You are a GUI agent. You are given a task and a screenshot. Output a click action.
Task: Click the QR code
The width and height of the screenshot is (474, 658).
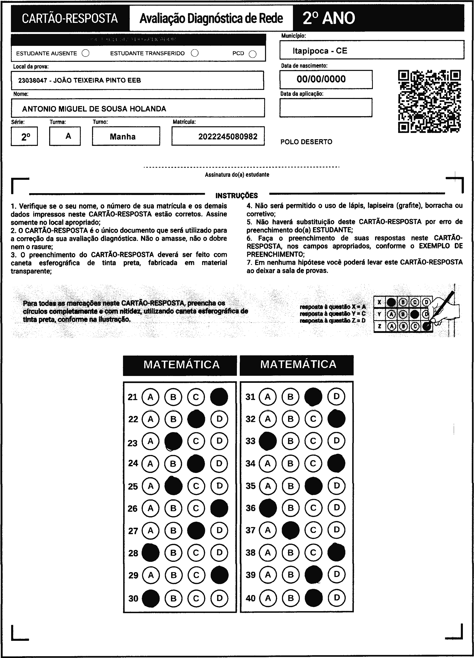[x=429, y=101]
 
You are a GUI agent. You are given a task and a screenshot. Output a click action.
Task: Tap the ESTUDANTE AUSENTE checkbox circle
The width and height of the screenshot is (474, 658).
[x=86, y=53]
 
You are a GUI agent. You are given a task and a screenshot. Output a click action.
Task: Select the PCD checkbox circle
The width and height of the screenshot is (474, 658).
[x=253, y=54]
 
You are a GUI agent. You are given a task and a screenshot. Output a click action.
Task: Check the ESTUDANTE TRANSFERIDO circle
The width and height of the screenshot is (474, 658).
[x=195, y=53]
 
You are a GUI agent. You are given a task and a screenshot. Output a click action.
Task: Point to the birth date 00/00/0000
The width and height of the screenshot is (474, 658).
[x=321, y=79]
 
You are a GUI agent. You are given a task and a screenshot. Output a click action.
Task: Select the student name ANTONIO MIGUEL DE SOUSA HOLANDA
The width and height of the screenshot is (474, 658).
[x=94, y=109]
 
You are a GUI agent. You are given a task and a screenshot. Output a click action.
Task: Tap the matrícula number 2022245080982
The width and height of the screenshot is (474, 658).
[x=228, y=136]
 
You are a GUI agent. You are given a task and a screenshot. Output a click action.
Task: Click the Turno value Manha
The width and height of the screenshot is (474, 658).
[x=123, y=136]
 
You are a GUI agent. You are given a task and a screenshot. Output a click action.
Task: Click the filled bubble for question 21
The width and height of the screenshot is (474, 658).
[x=219, y=397]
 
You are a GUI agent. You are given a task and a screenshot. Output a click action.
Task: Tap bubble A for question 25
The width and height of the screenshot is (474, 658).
[x=151, y=486]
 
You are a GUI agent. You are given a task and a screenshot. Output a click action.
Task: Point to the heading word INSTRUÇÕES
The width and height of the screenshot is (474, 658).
[x=237, y=196]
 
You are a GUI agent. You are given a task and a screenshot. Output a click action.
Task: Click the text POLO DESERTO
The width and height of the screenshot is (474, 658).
[x=306, y=142]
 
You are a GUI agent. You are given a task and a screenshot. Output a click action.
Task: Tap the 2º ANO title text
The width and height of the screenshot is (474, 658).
[x=329, y=18]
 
